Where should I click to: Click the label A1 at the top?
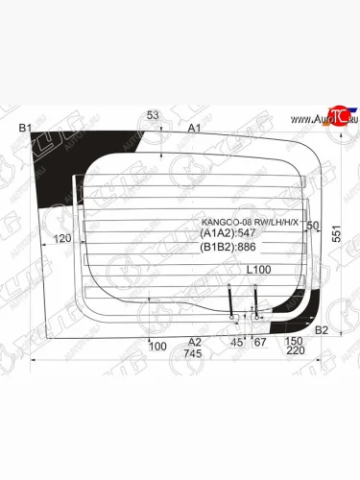[x=194, y=128]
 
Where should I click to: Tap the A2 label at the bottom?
[x=195, y=342]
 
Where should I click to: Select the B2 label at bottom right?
[x=323, y=331]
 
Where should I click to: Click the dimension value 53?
[x=152, y=115]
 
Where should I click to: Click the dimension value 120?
[x=63, y=238]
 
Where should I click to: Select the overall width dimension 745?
[x=193, y=353]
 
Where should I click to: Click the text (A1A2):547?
[x=228, y=233]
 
